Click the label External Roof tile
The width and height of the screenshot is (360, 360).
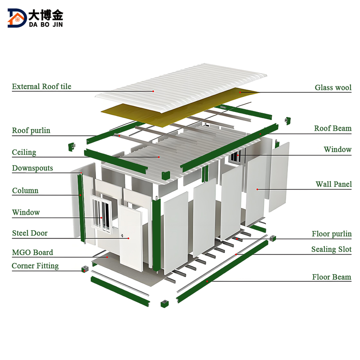point(41,87)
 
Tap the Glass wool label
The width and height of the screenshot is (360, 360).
point(333,88)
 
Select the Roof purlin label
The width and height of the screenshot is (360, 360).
point(31,130)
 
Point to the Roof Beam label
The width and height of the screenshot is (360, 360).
point(333,128)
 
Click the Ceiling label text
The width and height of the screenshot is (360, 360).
point(24,152)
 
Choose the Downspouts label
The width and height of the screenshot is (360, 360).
point(33,168)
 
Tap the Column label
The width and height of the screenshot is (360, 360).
point(25,190)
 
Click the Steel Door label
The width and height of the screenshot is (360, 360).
point(30,233)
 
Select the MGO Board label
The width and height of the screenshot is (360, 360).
point(33,252)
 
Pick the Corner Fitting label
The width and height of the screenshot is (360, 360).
point(35,266)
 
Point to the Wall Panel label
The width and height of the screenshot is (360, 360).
point(333,184)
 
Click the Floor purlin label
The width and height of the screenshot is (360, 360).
point(331,234)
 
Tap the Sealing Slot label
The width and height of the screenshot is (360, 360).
point(331,249)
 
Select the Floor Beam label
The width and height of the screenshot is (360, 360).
point(331,277)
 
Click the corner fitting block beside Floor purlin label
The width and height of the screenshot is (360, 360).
point(273,238)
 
